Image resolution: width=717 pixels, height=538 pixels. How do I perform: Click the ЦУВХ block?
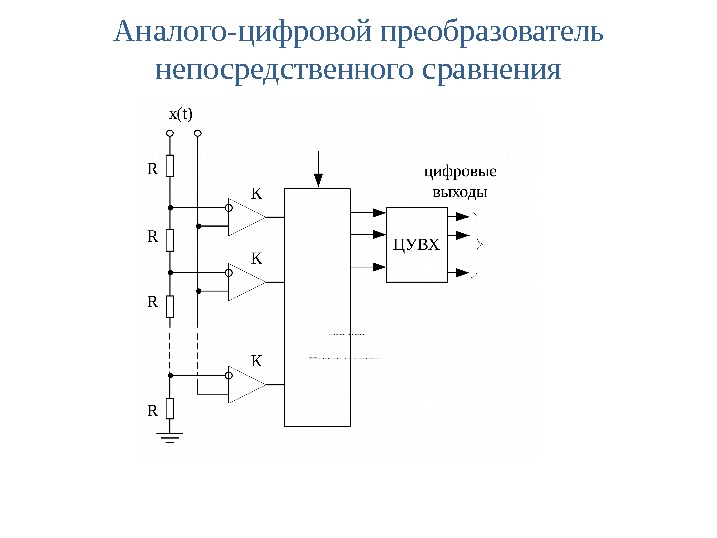pos(415,245)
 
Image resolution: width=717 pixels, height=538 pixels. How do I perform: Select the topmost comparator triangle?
pos(244,217)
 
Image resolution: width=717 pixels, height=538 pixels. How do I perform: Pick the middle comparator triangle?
pos(244,282)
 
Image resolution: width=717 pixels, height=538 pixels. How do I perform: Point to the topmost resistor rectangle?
pos(170,167)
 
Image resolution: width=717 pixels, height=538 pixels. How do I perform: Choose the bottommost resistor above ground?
pos(170,407)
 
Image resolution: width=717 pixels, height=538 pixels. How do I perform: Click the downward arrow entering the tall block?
pos(318,170)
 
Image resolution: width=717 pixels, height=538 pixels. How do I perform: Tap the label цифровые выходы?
pos(461,181)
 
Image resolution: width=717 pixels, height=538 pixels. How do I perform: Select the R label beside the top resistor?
pos(153,169)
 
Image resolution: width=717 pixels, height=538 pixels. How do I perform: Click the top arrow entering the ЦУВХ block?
pos(376,212)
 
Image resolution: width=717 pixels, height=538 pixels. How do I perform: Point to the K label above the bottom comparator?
pos(255,359)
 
